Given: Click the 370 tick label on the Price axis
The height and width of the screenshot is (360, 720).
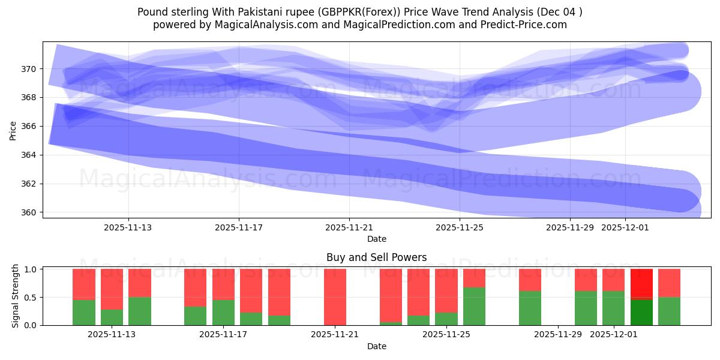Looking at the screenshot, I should point(29,69).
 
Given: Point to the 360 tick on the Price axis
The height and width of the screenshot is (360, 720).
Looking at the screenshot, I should point(29,212).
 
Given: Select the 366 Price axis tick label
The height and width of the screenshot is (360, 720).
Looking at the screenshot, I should point(29,126).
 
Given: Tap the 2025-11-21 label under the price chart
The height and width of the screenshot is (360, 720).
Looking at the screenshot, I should point(349,227).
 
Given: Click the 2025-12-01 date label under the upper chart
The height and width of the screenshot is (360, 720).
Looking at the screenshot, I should point(625,227).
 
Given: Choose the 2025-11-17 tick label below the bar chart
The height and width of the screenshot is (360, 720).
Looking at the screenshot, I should point(223,334).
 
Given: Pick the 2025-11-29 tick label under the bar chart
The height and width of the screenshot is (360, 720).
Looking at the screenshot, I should point(558,334).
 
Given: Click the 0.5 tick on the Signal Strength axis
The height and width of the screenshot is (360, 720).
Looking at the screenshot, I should point(31,298).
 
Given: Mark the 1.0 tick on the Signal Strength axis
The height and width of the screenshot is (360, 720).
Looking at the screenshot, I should point(31,269).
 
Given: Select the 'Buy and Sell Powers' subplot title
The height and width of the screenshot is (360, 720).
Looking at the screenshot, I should point(376,257).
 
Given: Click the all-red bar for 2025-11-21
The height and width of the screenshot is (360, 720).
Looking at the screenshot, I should point(335,297).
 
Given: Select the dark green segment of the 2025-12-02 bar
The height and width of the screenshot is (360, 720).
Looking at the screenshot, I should point(641,313).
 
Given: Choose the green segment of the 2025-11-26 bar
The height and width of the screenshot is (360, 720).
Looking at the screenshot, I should point(474,306).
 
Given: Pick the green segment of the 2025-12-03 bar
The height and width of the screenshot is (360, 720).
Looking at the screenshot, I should point(669,311).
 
